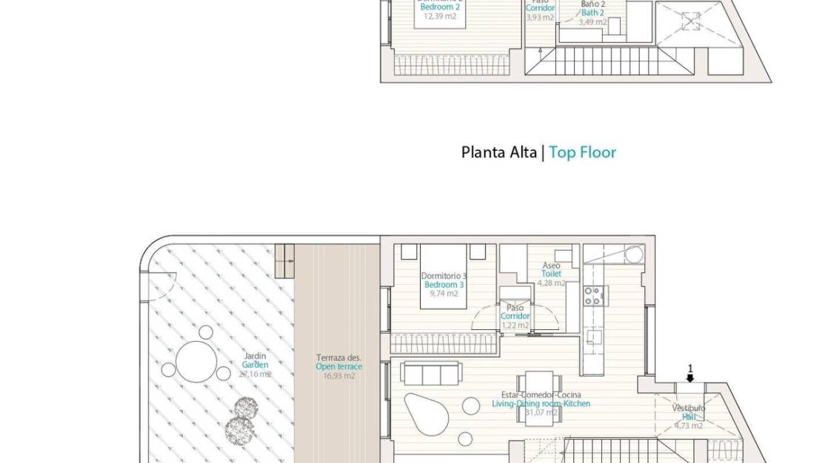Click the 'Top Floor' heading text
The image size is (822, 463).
582,152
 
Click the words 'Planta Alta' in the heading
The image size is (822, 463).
501,152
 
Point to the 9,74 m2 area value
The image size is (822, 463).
443,294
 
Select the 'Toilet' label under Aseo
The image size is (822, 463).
551,274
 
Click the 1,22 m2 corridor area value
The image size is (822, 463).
515,325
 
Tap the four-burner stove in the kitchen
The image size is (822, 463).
592,297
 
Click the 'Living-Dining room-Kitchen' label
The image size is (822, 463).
541,404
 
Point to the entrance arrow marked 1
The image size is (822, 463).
690,376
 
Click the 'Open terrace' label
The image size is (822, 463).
339,367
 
